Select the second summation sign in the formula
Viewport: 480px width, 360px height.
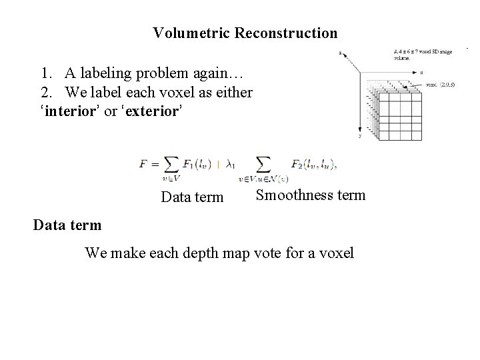click(264, 164)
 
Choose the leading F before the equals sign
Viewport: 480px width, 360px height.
click(143, 165)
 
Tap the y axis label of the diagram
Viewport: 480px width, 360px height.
click(359, 135)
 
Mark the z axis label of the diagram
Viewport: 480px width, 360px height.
click(341, 53)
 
